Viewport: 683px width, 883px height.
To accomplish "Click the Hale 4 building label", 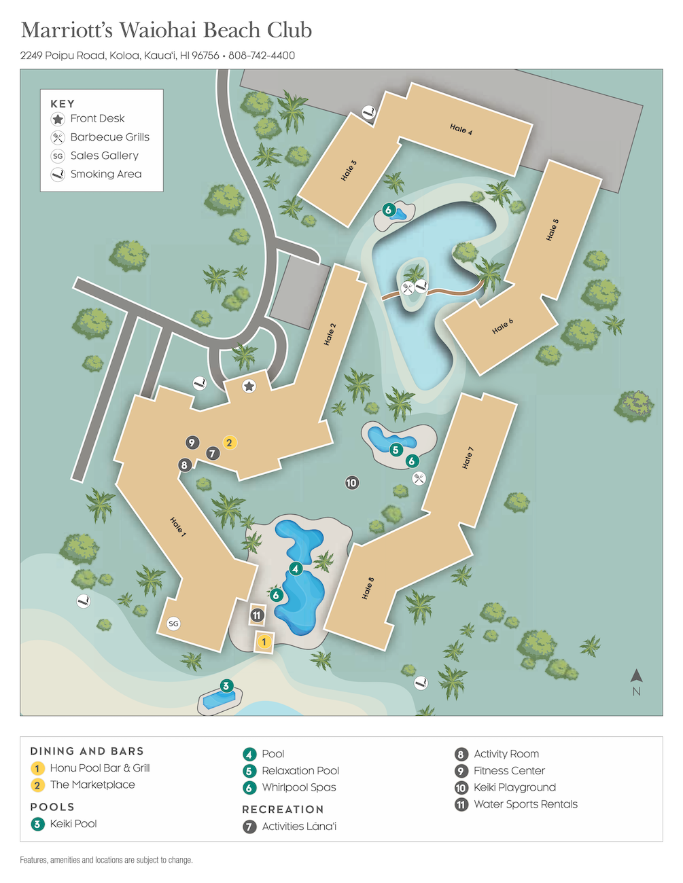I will pyautogui.click(x=461, y=128).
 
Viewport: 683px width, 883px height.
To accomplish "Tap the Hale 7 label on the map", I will pyautogui.click(x=468, y=458).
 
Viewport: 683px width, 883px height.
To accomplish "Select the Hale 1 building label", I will pyautogui.click(x=178, y=526).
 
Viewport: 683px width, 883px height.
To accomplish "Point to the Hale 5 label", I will pyautogui.click(x=552, y=230).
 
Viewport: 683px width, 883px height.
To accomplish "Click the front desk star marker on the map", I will pyautogui.click(x=249, y=386).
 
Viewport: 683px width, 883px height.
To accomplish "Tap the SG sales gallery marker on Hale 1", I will pyautogui.click(x=173, y=624).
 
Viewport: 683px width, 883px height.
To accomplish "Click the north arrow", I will pyautogui.click(x=636, y=676).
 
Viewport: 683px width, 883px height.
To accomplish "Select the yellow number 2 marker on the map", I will pyautogui.click(x=229, y=443).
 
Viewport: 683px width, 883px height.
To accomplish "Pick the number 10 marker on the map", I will pyautogui.click(x=351, y=483).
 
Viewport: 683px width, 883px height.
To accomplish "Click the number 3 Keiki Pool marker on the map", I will pyautogui.click(x=226, y=686).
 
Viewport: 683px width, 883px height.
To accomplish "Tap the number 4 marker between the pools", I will pyautogui.click(x=295, y=569).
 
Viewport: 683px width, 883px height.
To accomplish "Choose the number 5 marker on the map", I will pyautogui.click(x=396, y=450).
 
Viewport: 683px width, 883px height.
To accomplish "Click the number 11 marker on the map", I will pyautogui.click(x=257, y=615).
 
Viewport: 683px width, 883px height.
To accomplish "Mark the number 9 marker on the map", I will pyautogui.click(x=192, y=443).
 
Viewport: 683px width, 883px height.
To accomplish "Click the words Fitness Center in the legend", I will pyautogui.click(x=509, y=771).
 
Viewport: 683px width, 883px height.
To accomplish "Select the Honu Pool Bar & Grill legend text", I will pyautogui.click(x=100, y=768).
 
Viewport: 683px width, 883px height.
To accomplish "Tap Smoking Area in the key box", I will pyautogui.click(x=106, y=175).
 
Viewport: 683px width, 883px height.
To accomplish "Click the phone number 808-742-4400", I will pyautogui.click(x=262, y=56).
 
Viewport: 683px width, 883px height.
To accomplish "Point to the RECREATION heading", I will pyautogui.click(x=283, y=810).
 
